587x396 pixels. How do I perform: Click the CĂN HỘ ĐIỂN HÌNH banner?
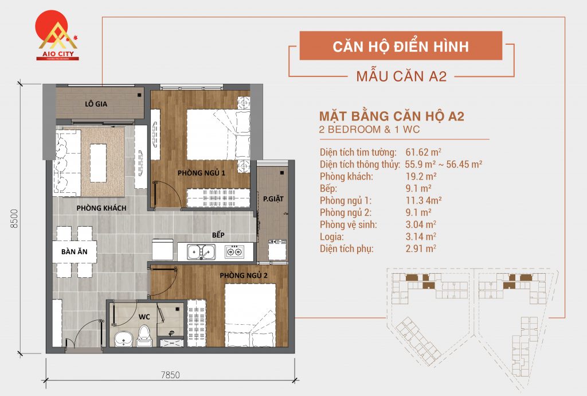click(x=401, y=46)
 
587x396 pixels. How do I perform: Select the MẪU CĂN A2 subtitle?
click(x=401, y=76)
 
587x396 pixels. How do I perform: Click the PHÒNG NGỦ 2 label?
click(x=243, y=275)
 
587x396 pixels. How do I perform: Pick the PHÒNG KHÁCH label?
click(x=101, y=208)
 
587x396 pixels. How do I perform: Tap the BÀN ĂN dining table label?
click(x=73, y=251)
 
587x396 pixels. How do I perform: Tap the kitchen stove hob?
click(x=234, y=251)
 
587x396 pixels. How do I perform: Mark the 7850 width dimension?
click(x=170, y=376)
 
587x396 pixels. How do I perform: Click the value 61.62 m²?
click(x=423, y=152)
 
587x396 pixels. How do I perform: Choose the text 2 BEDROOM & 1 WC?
click(x=370, y=129)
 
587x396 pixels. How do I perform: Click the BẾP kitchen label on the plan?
click(x=217, y=235)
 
